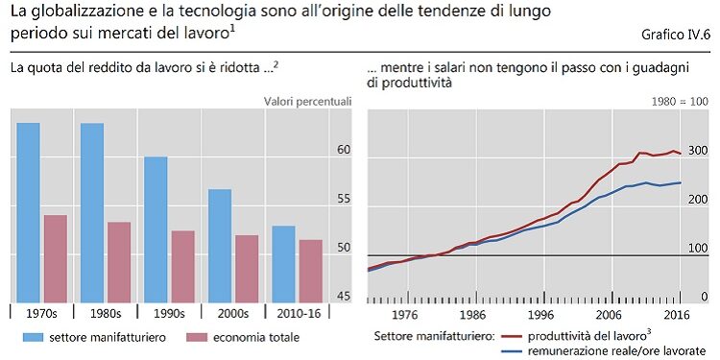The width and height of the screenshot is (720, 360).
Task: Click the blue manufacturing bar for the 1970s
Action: click(x=28, y=211)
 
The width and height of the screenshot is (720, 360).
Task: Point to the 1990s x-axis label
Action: click(x=169, y=313)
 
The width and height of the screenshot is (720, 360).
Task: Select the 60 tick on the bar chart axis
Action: click(x=344, y=151)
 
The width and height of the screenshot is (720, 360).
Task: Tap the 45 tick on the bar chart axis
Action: click(x=344, y=297)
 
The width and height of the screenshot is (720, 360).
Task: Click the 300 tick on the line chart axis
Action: click(x=697, y=151)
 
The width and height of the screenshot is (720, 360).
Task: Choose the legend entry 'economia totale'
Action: click(x=255, y=337)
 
